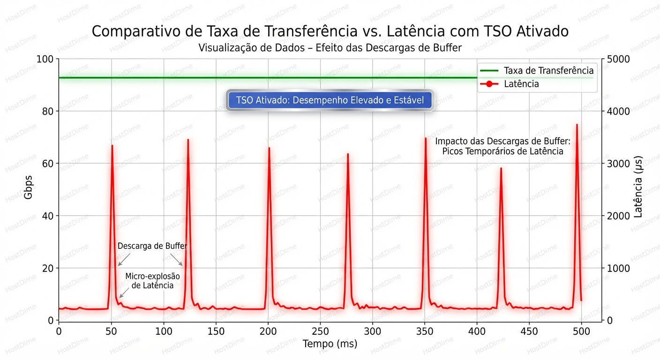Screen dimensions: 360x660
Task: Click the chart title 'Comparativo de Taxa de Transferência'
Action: point(330,31)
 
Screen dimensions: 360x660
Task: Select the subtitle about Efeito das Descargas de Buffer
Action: point(330,48)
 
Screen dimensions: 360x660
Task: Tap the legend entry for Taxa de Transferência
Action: point(548,71)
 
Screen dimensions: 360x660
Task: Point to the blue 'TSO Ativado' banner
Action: point(330,100)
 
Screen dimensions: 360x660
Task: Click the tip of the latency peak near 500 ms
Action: point(577,125)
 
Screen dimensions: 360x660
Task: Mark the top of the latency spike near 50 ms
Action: point(112,146)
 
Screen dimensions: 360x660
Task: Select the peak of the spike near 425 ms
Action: point(501,168)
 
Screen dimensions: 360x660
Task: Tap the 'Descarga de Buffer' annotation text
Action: point(152,246)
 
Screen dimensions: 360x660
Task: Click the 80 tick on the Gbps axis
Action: point(48,112)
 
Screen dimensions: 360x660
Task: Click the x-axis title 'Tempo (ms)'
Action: point(330,344)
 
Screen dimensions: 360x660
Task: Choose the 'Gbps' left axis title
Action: point(29,189)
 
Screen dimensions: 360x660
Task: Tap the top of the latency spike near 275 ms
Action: point(348,154)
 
